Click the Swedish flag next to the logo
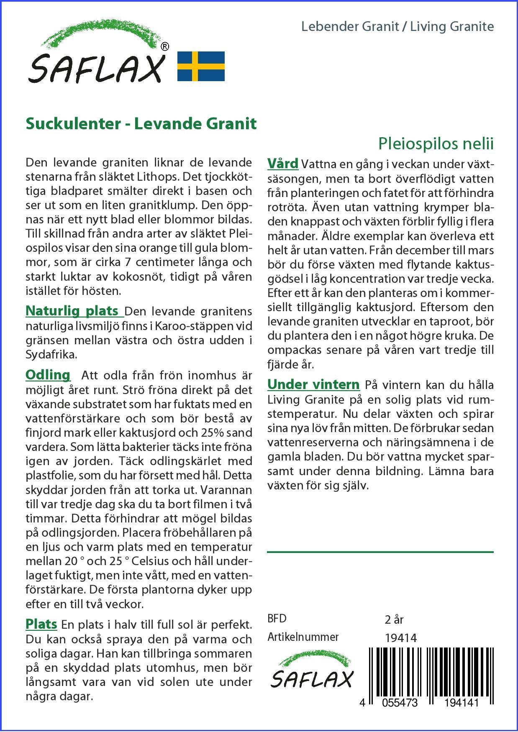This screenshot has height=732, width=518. (201, 66)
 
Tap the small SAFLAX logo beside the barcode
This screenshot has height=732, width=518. (311, 671)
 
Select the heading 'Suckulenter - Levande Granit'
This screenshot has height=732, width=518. (141, 124)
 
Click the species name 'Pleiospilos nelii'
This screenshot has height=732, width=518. (436, 144)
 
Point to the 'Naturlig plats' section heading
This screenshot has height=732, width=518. (72, 311)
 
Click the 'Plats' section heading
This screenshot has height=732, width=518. (41, 624)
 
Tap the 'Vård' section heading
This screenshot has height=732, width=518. (283, 163)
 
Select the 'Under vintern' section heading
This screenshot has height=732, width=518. (313, 384)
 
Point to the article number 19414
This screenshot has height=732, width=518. (400, 637)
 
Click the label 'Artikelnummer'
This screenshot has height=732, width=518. (303, 637)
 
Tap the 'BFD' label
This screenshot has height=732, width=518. (277, 619)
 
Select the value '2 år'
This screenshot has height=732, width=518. (394, 619)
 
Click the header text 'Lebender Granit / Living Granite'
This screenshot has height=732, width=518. (397, 27)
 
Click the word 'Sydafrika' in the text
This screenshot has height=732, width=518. (51, 355)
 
